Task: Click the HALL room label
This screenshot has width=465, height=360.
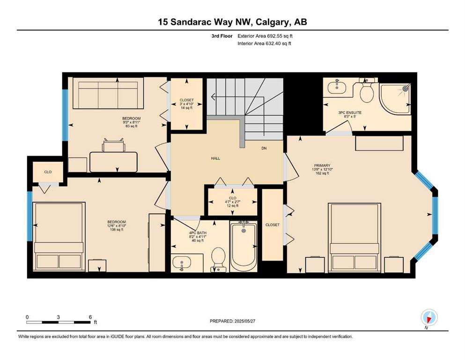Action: pyautogui.click(x=215, y=158)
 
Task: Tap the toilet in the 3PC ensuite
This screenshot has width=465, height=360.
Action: pyautogui.click(x=367, y=90)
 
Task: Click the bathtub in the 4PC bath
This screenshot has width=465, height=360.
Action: pyautogui.click(x=244, y=247)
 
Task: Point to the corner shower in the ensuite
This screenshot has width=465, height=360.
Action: pyautogui.click(x=395, y=99)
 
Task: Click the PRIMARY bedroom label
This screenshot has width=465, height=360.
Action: pyautogui.click(x=322, y=165)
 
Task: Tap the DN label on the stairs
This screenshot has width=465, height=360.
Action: pyautogui.click(x=264, y=148)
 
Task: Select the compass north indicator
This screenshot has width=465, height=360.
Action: pyautogui.click(x=429, y=318)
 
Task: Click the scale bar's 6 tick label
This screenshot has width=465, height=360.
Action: pyautogui.click(x=90, y=317)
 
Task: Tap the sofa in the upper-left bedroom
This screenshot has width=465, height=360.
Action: pyautogui.click(x=108, y=93)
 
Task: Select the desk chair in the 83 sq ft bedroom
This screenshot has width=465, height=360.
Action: pyautogui.click(x=114, y=145)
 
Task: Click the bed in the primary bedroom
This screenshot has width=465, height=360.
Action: pyautogui.click(x=354, y=238)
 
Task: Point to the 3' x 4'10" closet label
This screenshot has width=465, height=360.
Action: pyautogui.click(x=186, y=104)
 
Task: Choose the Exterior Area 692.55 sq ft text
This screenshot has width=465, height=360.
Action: pyautogui.click(x=265, y=36)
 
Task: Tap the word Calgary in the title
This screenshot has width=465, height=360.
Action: pyautogui.click(x=273, y=22)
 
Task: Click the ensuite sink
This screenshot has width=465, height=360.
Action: pyautogui.click(x=337, y=87)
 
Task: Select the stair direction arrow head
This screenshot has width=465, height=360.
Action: pyautogui.click(x=213, y=97)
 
